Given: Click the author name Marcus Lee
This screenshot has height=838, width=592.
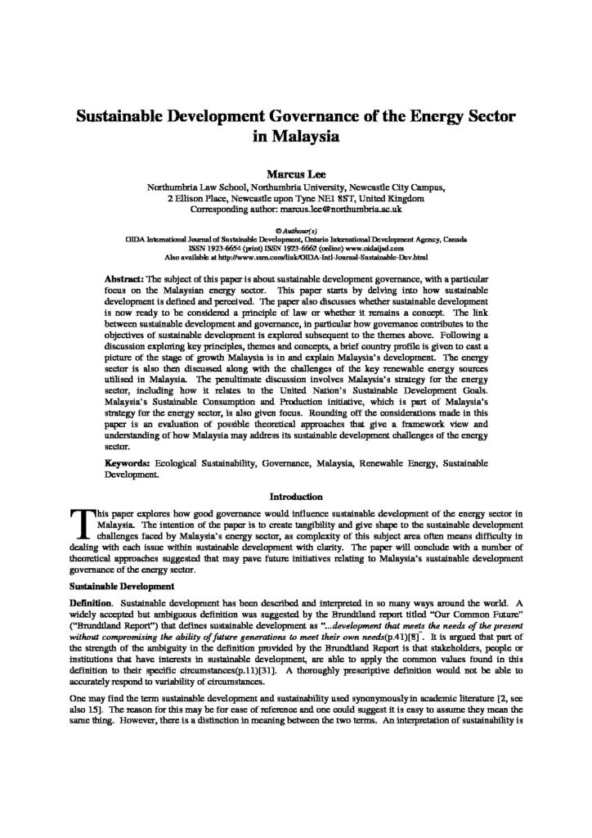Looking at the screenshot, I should click(x=295, y=173).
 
